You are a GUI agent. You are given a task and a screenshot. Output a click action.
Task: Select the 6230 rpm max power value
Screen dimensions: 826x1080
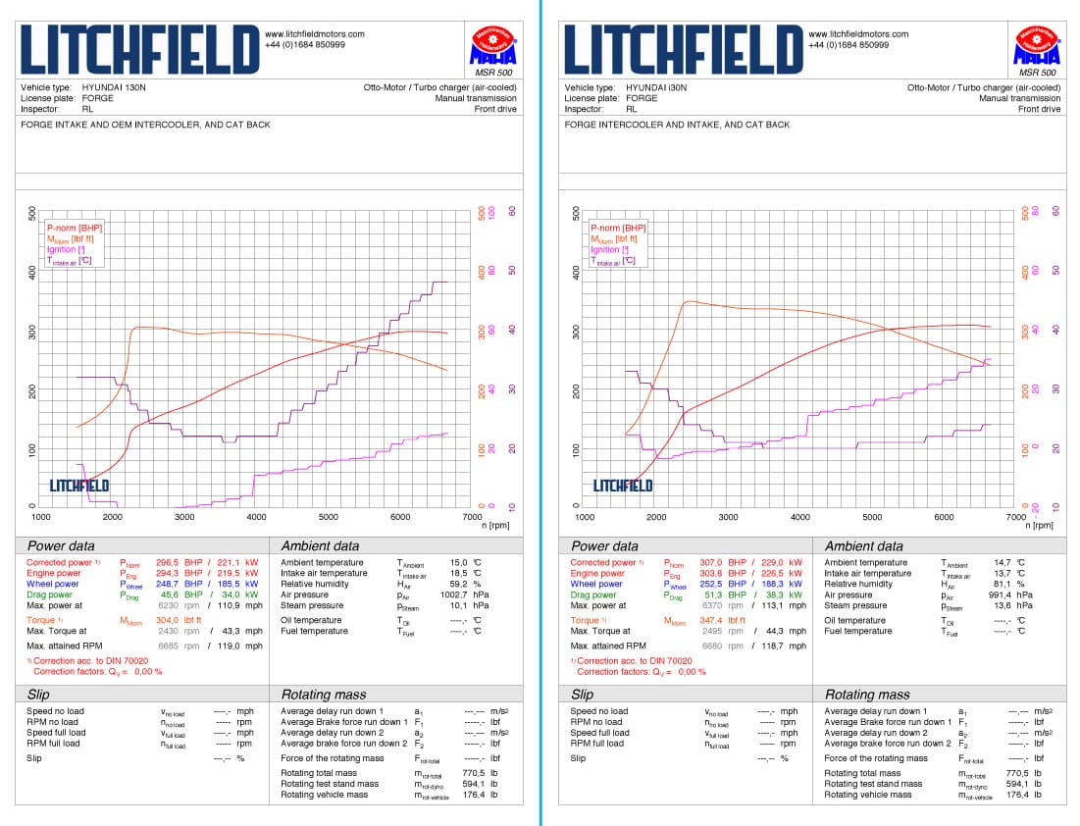coord(168,605)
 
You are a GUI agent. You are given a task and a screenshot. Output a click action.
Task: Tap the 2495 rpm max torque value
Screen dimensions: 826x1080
coord(711,631)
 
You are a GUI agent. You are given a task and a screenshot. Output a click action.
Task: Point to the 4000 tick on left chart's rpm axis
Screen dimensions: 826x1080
coord(256,517)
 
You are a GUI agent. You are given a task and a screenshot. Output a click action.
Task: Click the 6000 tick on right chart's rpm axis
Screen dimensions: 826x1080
coord(944,517)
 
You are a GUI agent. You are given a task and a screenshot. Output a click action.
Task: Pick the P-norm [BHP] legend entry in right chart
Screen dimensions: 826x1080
coord(618,228)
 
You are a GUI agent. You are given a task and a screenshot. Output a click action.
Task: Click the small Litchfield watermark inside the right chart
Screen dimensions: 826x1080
coord(623,485)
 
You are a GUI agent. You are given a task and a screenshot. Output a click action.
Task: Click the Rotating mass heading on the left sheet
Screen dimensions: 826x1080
coord(325,695)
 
